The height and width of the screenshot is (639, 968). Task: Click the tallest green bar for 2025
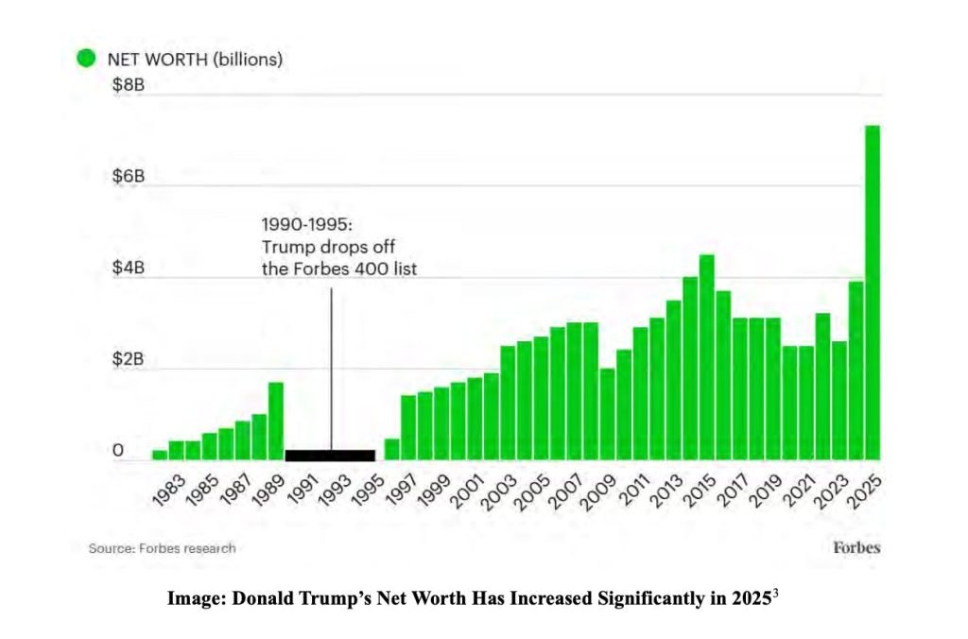pyautogui.click(x=873, y=293)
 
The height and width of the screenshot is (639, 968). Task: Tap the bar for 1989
pyautogui.click(x=276, y=421)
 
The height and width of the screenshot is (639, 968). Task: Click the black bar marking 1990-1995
pyautogui.click(x=331, y=455)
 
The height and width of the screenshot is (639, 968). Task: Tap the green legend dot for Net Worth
pyautogui.click(x=86, y=59)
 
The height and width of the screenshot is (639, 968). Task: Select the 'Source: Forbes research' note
pyautogui.click(x=163, y=548)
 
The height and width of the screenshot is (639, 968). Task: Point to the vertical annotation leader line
pyautogui.click(x=331, y=369)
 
